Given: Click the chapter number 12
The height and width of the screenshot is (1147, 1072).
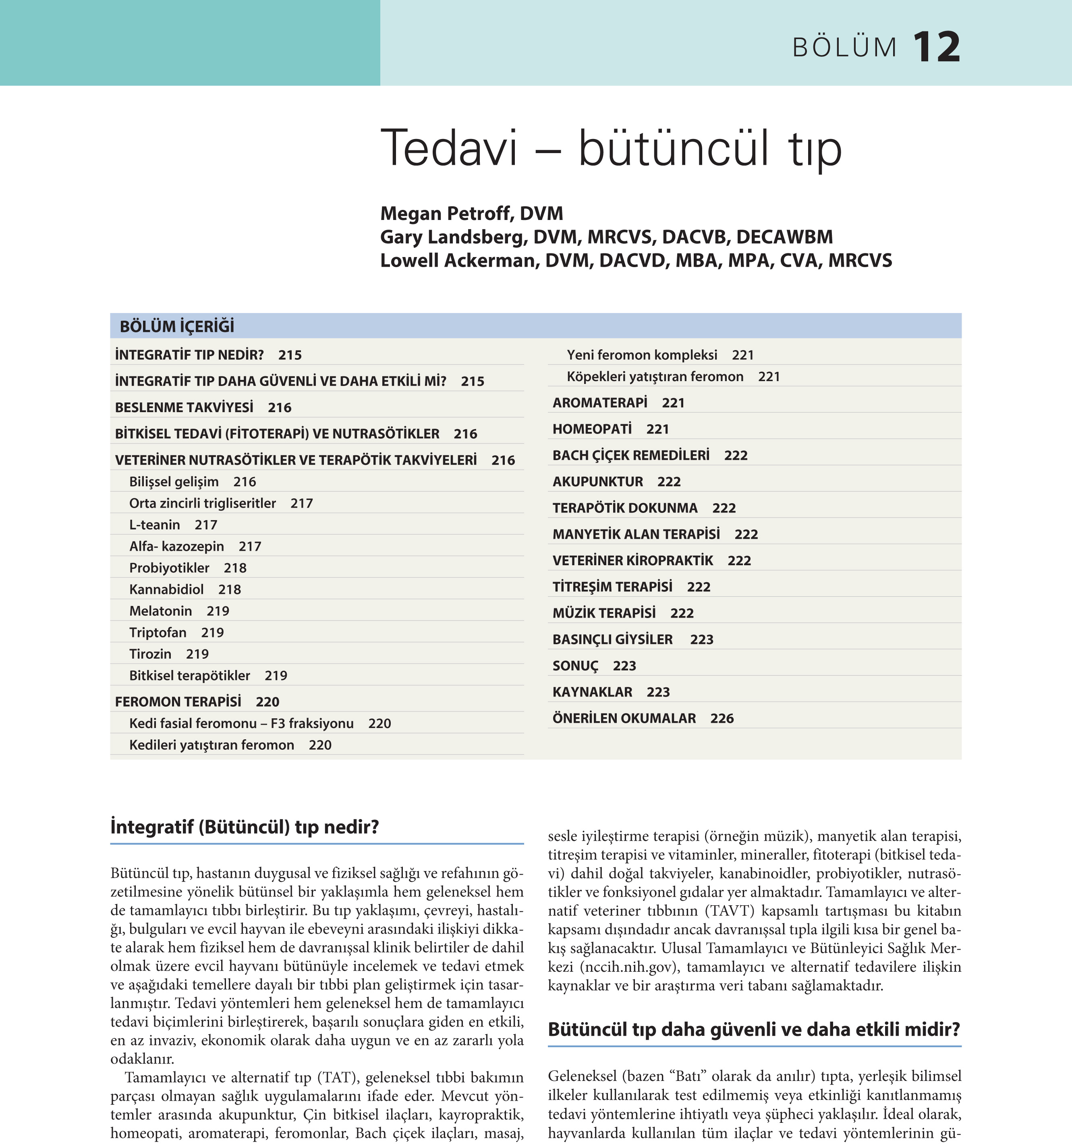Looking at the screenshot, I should pyautogui.click(x=936, y=47).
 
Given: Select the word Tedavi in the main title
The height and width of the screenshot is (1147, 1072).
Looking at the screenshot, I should pyautogui.click(x=448, y=148).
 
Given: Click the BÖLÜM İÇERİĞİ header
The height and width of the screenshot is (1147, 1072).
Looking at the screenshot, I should pyautogui.click(x=176, y=327).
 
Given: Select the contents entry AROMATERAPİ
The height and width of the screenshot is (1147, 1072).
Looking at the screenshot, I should pyautogui.click(x=599, y=403).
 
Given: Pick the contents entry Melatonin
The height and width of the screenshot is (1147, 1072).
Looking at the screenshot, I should pyautogui.click(x=160, y=611).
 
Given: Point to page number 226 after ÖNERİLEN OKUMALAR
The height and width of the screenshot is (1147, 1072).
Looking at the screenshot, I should pyautogui.click(x=722, y=718).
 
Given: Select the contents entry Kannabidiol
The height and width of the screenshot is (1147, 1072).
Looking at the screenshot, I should pyautogui.click(x=166, y=590).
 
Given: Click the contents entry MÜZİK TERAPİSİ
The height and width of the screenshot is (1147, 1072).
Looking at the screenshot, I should pyautogui.click(x=603, y=613).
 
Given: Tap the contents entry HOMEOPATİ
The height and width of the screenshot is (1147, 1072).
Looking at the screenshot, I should pyautogui.click(x=591, y=429).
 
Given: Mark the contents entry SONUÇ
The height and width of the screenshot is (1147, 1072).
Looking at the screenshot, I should pyautogui.click(x=575, y=666).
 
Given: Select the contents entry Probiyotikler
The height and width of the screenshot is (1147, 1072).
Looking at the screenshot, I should pyautogui.click(x=169, y=568).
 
